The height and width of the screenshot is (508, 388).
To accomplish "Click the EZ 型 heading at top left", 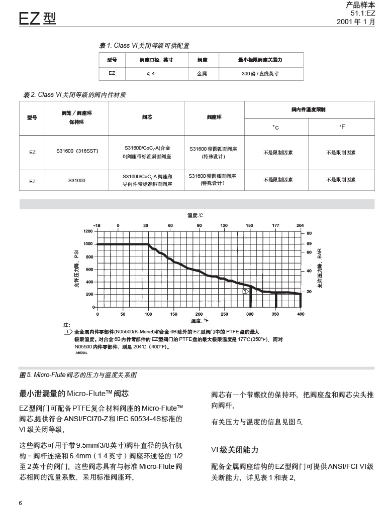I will pos(37,19).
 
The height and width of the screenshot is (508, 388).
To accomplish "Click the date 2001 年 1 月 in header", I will pos(356,22).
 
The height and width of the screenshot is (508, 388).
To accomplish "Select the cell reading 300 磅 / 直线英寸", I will pos(260,73).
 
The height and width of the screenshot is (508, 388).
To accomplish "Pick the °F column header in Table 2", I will pos(342,127).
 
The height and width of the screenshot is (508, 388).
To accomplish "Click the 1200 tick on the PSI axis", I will pos(88,231).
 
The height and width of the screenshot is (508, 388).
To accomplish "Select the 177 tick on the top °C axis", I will pos(276,225).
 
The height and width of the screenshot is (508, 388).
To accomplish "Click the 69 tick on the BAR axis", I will pos(309,243).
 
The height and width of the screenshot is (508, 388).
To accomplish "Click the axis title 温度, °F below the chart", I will pos(200,320).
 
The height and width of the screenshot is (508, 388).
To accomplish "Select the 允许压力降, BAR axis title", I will pos(321,268).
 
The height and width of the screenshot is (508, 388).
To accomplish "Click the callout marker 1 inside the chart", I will pos(245,291).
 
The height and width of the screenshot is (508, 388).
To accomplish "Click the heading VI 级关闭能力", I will pos(235,449).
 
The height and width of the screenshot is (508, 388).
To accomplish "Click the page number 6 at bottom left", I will pos(21,503).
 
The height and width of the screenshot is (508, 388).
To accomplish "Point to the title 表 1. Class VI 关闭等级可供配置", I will pos(144,46).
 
